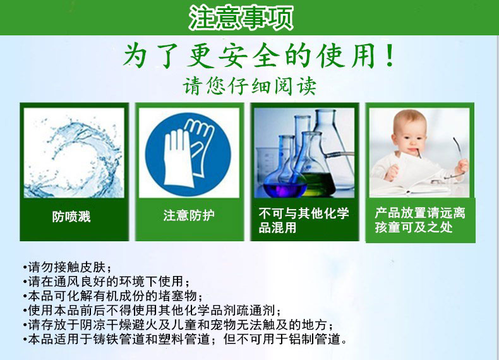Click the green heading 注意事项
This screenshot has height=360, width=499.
pos(241,18)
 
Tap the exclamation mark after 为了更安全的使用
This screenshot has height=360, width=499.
pos(389,56)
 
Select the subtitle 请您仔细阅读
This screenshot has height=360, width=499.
pos(249,86)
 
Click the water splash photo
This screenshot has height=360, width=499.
pos(74,153)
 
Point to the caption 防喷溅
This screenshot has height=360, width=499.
pos(71,217)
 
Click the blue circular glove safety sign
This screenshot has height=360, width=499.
pos(188,153)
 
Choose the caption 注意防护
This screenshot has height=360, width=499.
pos(189,215)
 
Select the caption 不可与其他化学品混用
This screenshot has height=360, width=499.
pos(304,220)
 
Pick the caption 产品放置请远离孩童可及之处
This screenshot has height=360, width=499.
pos(420,220)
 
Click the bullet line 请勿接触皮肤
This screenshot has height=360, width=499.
pos(67,267)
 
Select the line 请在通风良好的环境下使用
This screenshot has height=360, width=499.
pos(106,282)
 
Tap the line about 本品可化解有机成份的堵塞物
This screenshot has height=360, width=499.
pos(113,296)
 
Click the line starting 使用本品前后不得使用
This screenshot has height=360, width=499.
pos(152,310)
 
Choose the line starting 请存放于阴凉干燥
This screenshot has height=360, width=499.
pos(179,325)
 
